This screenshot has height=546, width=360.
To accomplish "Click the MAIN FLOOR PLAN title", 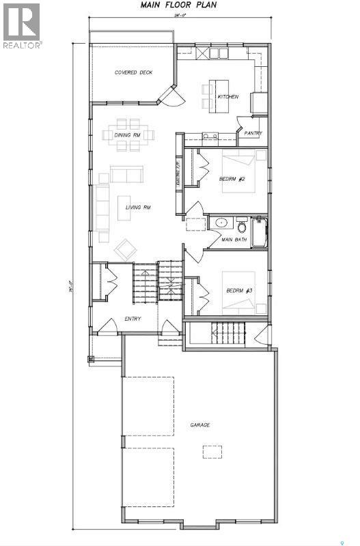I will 179,5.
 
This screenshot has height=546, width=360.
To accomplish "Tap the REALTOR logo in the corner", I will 22,26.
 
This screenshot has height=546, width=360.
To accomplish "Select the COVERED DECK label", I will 133,72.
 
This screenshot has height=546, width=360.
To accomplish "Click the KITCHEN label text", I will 227,97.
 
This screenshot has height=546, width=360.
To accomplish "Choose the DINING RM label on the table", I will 128,134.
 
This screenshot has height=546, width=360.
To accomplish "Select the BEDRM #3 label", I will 240,291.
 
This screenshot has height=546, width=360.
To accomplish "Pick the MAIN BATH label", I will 235,240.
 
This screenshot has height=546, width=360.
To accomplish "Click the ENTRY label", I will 133,319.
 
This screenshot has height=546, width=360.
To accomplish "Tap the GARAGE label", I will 200,425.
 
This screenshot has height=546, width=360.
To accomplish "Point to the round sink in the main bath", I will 221,223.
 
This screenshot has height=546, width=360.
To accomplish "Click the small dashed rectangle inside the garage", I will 211,451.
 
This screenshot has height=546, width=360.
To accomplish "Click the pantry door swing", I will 241,123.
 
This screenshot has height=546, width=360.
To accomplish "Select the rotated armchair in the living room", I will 126,248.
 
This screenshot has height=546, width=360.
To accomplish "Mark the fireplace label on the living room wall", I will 177,174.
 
